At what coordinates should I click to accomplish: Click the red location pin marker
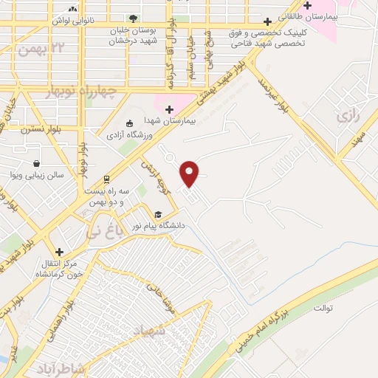point(190,173)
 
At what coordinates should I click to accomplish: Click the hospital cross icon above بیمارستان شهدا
point(169,109)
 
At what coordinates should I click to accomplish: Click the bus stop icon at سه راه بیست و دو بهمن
point(107,178)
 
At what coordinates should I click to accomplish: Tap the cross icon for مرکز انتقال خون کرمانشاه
point(60,252)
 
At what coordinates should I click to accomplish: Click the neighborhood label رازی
point(346,116)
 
